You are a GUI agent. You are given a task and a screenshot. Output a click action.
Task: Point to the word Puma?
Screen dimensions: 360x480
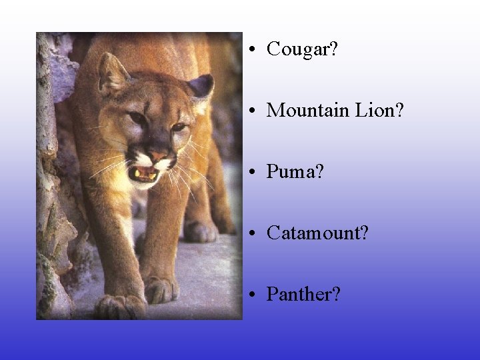[295, 173]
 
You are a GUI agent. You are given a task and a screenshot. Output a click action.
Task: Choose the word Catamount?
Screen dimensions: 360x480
[317, 233]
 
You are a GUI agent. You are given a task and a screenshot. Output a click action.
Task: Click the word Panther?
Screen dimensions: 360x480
[303, 295]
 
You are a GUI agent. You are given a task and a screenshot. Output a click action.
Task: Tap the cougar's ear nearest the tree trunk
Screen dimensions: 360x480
[112, 73]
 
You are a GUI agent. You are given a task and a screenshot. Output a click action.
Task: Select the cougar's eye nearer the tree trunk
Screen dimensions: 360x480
[138, 118]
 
